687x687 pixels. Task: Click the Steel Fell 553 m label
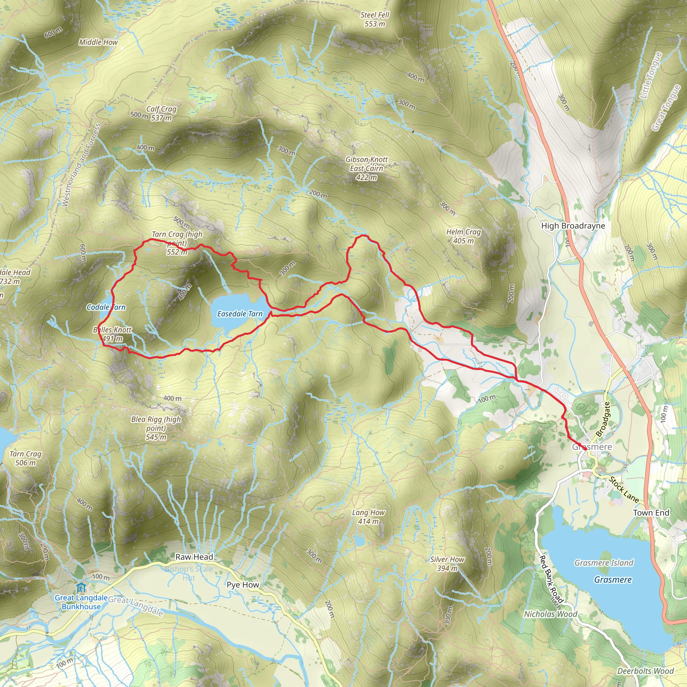click(x=374, y=19)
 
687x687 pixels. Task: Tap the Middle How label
click(x=98, y=42)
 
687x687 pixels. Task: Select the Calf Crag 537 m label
click(x=161, y=113)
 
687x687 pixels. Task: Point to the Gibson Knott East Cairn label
click(x=366, y=168)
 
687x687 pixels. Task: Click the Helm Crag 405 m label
click(x=463, y=236)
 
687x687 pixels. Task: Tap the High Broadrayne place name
click(x=573, y=226)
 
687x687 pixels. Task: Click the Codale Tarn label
click(x=106, y=307)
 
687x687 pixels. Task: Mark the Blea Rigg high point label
click(x=156, y=428)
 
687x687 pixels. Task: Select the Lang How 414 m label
click(x=368, y=517)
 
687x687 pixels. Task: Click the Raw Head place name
click(x=194, y=557)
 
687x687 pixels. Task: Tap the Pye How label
click(x=243, y=585)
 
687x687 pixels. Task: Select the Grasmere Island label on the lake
click(x=604, y=563)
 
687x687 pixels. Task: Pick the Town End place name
click(x=651, y=513)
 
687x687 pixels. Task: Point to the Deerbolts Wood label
click(x=645, y=671)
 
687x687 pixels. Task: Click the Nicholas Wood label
click(x=550, y=614)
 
